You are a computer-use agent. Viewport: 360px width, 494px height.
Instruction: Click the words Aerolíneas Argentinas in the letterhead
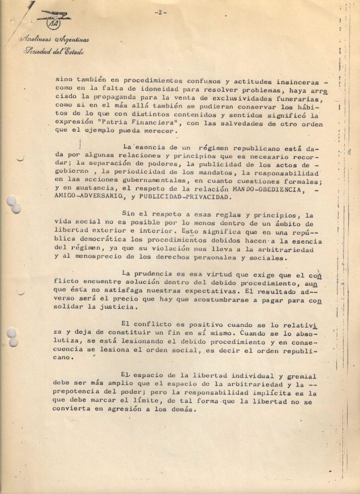53,41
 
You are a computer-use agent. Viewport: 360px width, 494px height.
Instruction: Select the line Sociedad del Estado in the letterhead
53,52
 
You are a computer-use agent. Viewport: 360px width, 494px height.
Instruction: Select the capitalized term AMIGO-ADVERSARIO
89,197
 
